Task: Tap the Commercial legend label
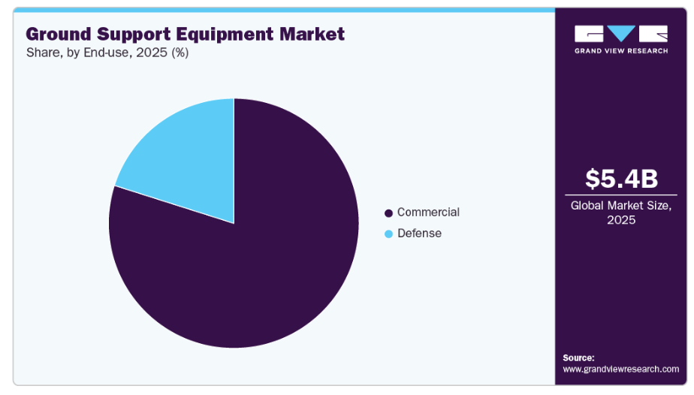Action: (428, 213)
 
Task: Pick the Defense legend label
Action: (419, 234)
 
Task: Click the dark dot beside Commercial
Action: (388, 213)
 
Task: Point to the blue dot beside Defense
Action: (388, 234)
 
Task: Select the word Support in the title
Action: (141, 34)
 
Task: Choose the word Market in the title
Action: (315, 34)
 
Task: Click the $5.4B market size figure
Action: (621, 179)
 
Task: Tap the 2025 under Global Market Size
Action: (621, 220)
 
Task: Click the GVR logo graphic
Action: (621, 34)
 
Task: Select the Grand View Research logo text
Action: (621, 51)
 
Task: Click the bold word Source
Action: (578, 357)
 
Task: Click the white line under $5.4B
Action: (621, 194)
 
